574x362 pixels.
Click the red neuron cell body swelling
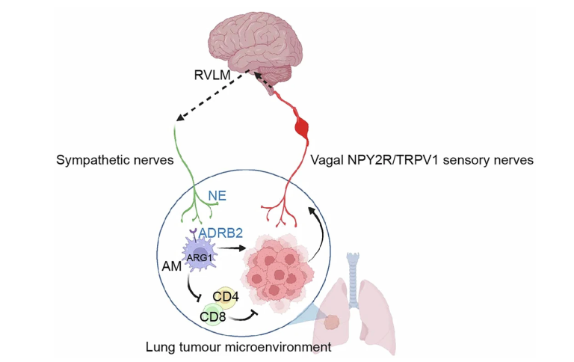click(302, 125)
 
